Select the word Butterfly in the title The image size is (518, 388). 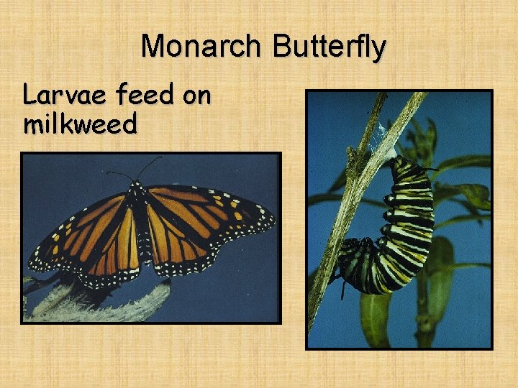click(330, 47)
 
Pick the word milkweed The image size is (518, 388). click(80, 124)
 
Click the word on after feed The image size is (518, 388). click(196, 96)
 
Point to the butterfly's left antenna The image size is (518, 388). click(119, 175)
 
